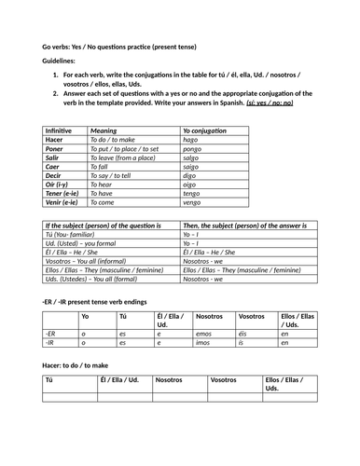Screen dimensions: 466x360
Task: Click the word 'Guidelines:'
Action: (61, 60)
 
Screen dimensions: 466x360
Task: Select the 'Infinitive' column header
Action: (59, 131)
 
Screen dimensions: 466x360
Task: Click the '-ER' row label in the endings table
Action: (51, 333)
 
